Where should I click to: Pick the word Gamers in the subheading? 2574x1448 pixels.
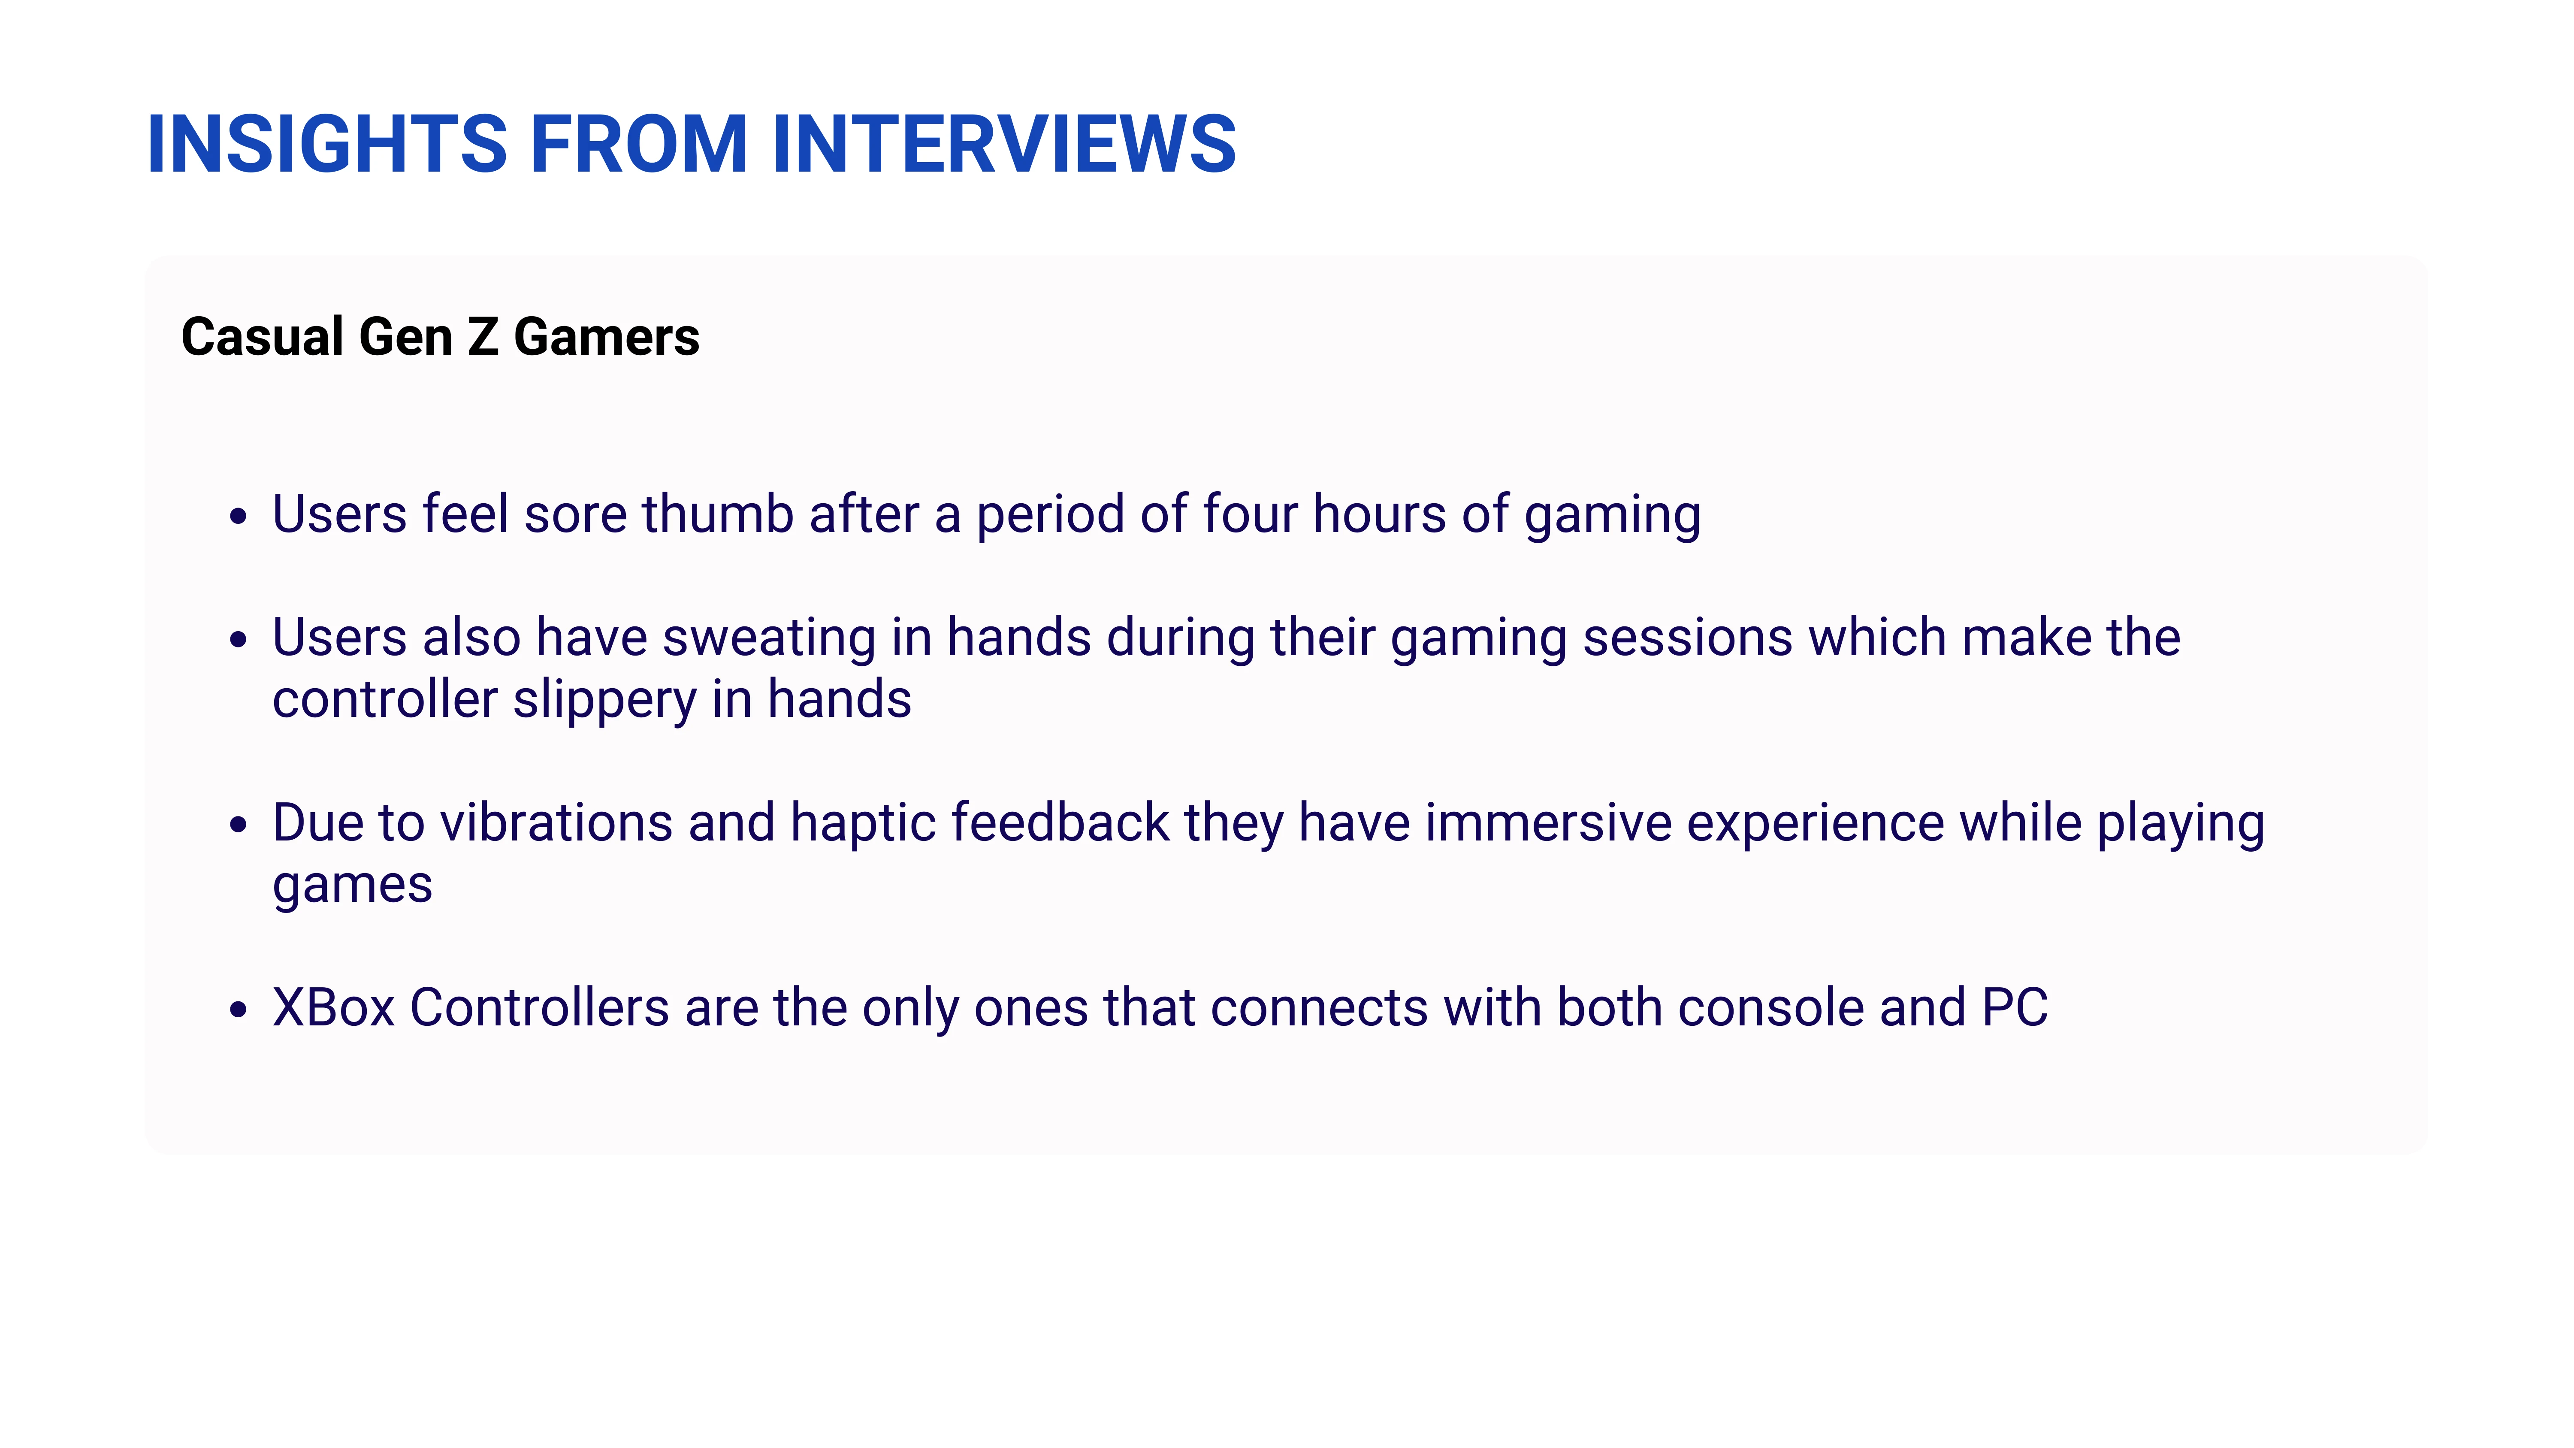point(607,337)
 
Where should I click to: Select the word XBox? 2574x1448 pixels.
point(334,1007)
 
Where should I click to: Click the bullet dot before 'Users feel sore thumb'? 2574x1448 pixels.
point(238,517)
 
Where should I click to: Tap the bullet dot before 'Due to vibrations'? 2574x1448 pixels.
point(238,825)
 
